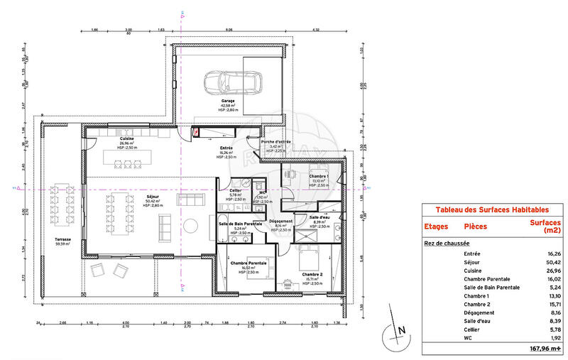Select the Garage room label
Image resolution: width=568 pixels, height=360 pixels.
227,102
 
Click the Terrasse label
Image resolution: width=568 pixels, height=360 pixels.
64,240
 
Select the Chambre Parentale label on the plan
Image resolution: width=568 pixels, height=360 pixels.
248,263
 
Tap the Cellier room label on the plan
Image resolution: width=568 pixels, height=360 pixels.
235,191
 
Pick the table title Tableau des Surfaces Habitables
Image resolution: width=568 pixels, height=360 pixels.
491,210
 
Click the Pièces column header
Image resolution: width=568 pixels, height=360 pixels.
475,227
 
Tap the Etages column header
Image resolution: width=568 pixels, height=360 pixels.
436,227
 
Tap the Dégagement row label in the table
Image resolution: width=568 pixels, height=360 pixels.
481,313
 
